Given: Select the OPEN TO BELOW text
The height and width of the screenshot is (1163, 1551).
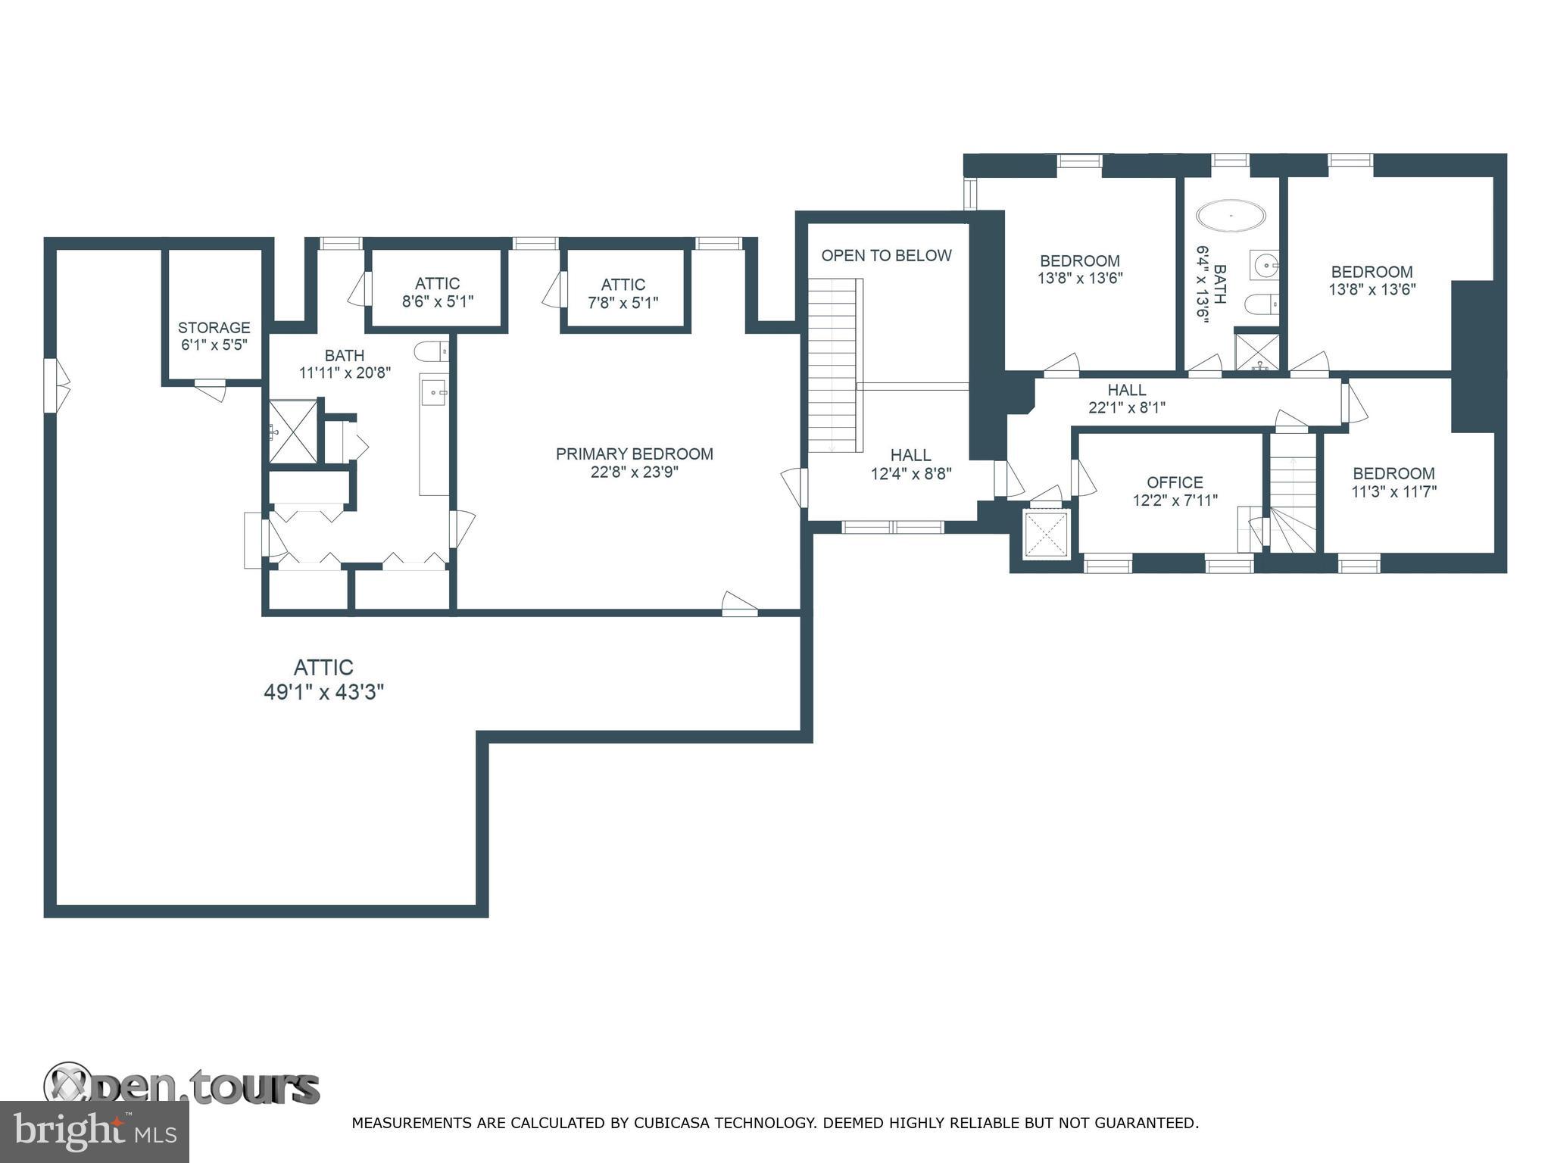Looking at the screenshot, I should (x=886, y=256).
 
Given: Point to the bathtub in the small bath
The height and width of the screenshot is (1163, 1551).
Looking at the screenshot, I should (x=1231, y=216).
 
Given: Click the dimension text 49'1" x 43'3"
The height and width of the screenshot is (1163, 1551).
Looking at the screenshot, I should (x=324, y=693).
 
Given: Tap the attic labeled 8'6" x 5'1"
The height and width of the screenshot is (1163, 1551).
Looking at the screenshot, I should (x=437, y=292).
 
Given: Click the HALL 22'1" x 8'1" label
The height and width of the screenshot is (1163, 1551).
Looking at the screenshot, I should (x=1126, y=398).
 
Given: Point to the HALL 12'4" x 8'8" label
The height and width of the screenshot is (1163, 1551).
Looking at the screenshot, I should (x=910, y=463).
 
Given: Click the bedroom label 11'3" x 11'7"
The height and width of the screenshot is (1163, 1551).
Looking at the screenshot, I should (x=1393, y=482).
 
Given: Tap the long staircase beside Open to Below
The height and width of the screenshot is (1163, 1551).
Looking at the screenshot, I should (x=833, y=365).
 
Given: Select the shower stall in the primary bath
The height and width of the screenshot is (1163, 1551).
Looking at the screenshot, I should (x=294, y=432).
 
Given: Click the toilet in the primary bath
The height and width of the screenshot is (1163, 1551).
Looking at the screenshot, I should (x=431, y=351).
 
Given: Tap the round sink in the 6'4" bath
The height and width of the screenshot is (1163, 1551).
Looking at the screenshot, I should (x=1264, y=265).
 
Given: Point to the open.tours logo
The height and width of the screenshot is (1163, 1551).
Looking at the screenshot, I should (x=182, y=1087).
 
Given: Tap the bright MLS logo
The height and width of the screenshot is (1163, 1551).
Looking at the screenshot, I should (x=94, y=1132).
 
